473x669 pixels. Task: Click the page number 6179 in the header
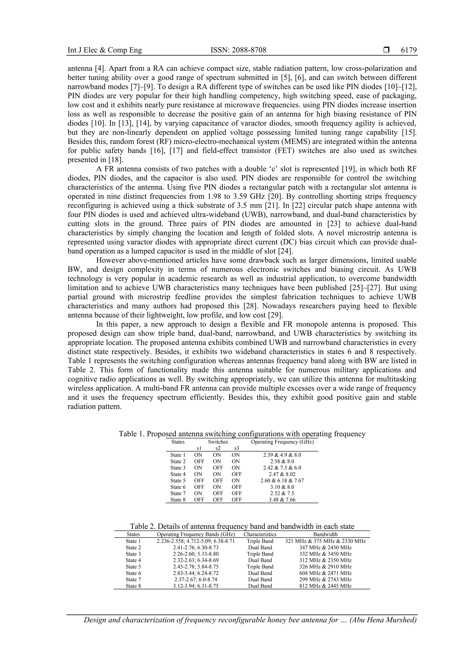409,50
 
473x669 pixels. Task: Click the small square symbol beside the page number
386,50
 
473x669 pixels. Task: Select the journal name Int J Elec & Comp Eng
105,50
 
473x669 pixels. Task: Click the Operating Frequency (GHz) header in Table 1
282,442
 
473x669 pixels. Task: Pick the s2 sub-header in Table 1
218,448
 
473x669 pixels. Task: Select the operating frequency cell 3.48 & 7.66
282,500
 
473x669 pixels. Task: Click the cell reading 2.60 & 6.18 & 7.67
282,481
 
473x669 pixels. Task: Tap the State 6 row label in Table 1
178,487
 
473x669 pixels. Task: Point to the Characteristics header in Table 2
260,534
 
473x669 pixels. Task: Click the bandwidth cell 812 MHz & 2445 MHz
325,586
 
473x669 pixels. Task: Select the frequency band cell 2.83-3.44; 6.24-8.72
196,573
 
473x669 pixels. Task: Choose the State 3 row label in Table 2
133,554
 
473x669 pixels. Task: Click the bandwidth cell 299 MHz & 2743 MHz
325,580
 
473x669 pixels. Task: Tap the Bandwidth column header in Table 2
325,534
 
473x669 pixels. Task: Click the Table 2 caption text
242,526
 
